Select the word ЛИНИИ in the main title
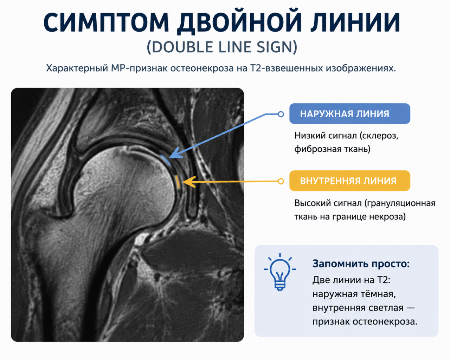(x=355, y=22)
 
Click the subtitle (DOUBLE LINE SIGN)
(x=222, y=47)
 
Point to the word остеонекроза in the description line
(x=202, y=68)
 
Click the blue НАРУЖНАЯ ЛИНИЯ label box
(x=349, y=114)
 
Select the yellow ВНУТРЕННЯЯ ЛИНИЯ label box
(x=349, y=181)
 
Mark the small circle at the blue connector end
(x=281, y=114)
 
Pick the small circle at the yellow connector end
(x=281, y=181)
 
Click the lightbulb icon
(x=280, y=272)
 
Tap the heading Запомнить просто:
(x=361, y=264)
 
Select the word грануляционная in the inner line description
(x=400, y=203)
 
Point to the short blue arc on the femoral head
(x=166, y=160)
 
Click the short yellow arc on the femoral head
(x=178, y=182)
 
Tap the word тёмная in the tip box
(x=377, y=294)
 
